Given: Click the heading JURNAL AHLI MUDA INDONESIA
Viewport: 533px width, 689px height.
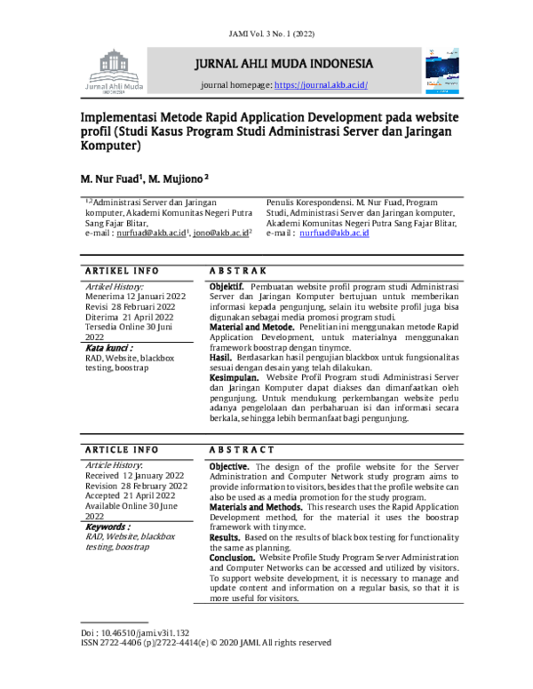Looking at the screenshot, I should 285,65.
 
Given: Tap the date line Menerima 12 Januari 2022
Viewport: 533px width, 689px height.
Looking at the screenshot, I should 136,296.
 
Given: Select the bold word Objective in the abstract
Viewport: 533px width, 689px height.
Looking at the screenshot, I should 229,466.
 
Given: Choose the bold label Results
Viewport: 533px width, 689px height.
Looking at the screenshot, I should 224,538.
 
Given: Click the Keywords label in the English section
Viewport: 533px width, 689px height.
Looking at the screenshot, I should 107,527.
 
